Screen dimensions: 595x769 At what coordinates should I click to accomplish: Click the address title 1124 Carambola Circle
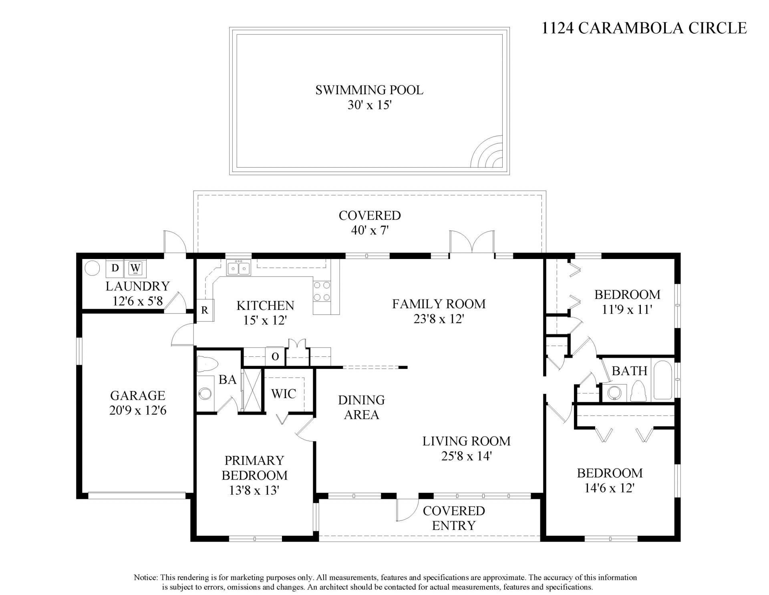pos(644,28)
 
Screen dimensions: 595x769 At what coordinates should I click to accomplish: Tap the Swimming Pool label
pos(369,90)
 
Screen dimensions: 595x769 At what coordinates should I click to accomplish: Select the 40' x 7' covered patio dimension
pos(369,231)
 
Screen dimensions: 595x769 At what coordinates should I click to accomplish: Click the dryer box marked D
pos(115,268)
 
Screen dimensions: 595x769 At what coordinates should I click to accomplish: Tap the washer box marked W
pos(136,268)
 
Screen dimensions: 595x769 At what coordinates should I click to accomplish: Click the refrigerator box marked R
pos(205,310)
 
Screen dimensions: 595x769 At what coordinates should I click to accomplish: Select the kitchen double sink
pos(238,268)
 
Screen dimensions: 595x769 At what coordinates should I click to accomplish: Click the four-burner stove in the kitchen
pos(322,291)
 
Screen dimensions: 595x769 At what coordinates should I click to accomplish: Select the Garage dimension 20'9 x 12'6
pos(137,411)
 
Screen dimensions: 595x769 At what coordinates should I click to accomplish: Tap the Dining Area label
pos(361,407)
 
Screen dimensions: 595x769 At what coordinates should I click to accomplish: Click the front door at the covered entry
pos(407,510)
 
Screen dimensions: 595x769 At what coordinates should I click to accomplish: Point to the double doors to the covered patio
pos(471,243)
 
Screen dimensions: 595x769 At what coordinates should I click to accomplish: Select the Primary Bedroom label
pos(254,467)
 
